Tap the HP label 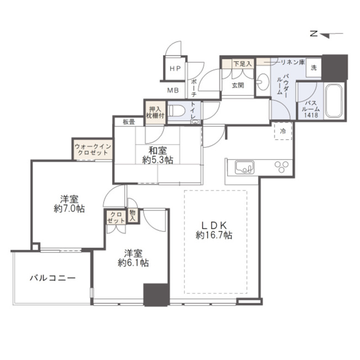[x=176, y=68]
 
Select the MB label [x=173, y=91]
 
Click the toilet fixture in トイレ [x=177, y=111]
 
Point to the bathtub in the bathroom [x=334, y=101]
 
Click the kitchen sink [x=245, y=167]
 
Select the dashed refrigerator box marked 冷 [x=283, y=131]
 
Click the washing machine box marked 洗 [x=314, y=68]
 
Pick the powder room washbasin [x=263, y=82]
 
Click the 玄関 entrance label [x=238, y=86]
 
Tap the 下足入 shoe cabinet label [x=243, y=64]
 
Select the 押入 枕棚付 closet [x=155, y=113]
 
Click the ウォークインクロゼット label [x=93, y=150]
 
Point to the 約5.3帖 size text [x=158, y=160]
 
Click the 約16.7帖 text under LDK [x=214, y=235]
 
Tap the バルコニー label [x=52, y=278]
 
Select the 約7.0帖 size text [x=70, y=209]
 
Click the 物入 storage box [x=133, y=215]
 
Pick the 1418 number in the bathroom [x=311, y=115]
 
